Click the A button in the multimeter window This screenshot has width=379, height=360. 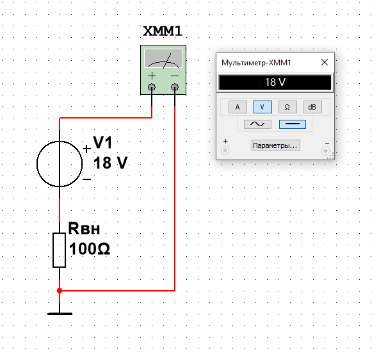click(238, 107)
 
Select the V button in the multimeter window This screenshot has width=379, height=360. click(262, 107)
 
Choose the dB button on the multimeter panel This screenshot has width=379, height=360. click(312, 107)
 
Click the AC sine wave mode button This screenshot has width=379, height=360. click(257, 124)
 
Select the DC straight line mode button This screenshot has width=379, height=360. click(293, 124)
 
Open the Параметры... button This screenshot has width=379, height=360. click(276, 145)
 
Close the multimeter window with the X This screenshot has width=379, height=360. click(325, 62)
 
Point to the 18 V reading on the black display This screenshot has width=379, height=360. click(275, 82)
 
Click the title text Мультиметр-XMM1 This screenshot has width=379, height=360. click(256, 63)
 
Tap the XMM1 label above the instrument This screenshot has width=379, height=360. click(163, 31)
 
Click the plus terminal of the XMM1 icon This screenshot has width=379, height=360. click(152, 87)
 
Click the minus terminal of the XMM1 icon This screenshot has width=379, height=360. click(175, 87)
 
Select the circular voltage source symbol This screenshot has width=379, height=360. click(60, 164)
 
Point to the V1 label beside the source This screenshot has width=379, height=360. click(102, 142)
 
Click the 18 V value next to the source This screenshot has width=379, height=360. click(110, 163)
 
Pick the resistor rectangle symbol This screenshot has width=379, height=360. click(59, 250)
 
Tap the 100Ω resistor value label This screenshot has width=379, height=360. click(90, 249)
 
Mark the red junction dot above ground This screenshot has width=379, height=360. click(60, 291)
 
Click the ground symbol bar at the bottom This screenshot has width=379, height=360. click(60, 314)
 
